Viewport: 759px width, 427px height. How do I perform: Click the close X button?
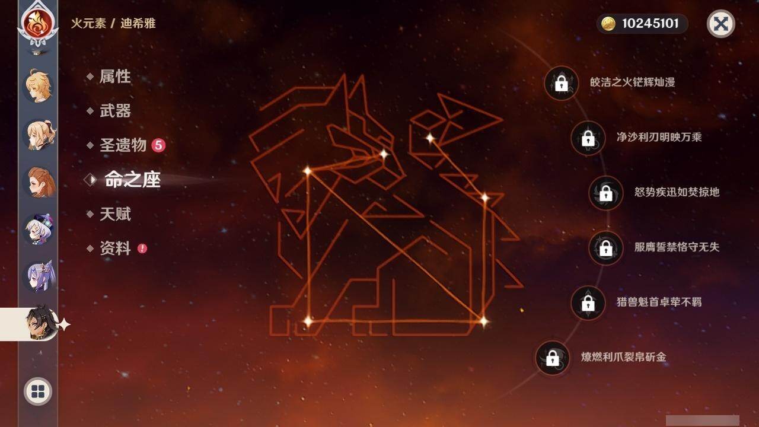click(x=720, y=24)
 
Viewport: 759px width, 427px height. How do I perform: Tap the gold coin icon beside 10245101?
click(x=608, y=24)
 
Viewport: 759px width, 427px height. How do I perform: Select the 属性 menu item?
click(x=114, y=77)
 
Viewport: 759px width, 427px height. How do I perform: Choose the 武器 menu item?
click(x=115, y=111)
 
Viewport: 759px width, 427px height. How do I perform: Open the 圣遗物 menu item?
click(x=122, y=145)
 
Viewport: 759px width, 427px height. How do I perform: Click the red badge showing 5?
click(x=158, y=145)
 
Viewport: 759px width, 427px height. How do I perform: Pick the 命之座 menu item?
click(x=132, y=180)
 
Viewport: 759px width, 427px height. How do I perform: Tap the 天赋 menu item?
click(x=115, y=214)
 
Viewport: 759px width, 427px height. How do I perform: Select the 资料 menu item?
click(x=115, y=248)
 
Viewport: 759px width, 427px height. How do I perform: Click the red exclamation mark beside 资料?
click(x=142, y=248)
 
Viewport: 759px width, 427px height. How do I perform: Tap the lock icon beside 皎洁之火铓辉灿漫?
click(x=561, y=83)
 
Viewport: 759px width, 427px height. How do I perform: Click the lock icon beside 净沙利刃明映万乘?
click(x=588, y=138)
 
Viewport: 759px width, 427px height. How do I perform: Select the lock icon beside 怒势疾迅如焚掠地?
click(x=605, y=193)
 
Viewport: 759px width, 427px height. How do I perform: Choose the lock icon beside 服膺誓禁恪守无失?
click(x=605, y=248)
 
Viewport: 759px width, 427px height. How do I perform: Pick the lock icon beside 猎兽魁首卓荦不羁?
click(x=588, y=303)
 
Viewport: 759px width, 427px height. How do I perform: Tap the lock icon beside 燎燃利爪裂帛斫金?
click(x=552, y=358)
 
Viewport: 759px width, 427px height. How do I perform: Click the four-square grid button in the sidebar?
click(x=38, y=391)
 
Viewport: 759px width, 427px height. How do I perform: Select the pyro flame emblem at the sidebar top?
click(x=38, y=23)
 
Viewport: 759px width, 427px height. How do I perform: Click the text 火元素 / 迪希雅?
click(x=113, y=24)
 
